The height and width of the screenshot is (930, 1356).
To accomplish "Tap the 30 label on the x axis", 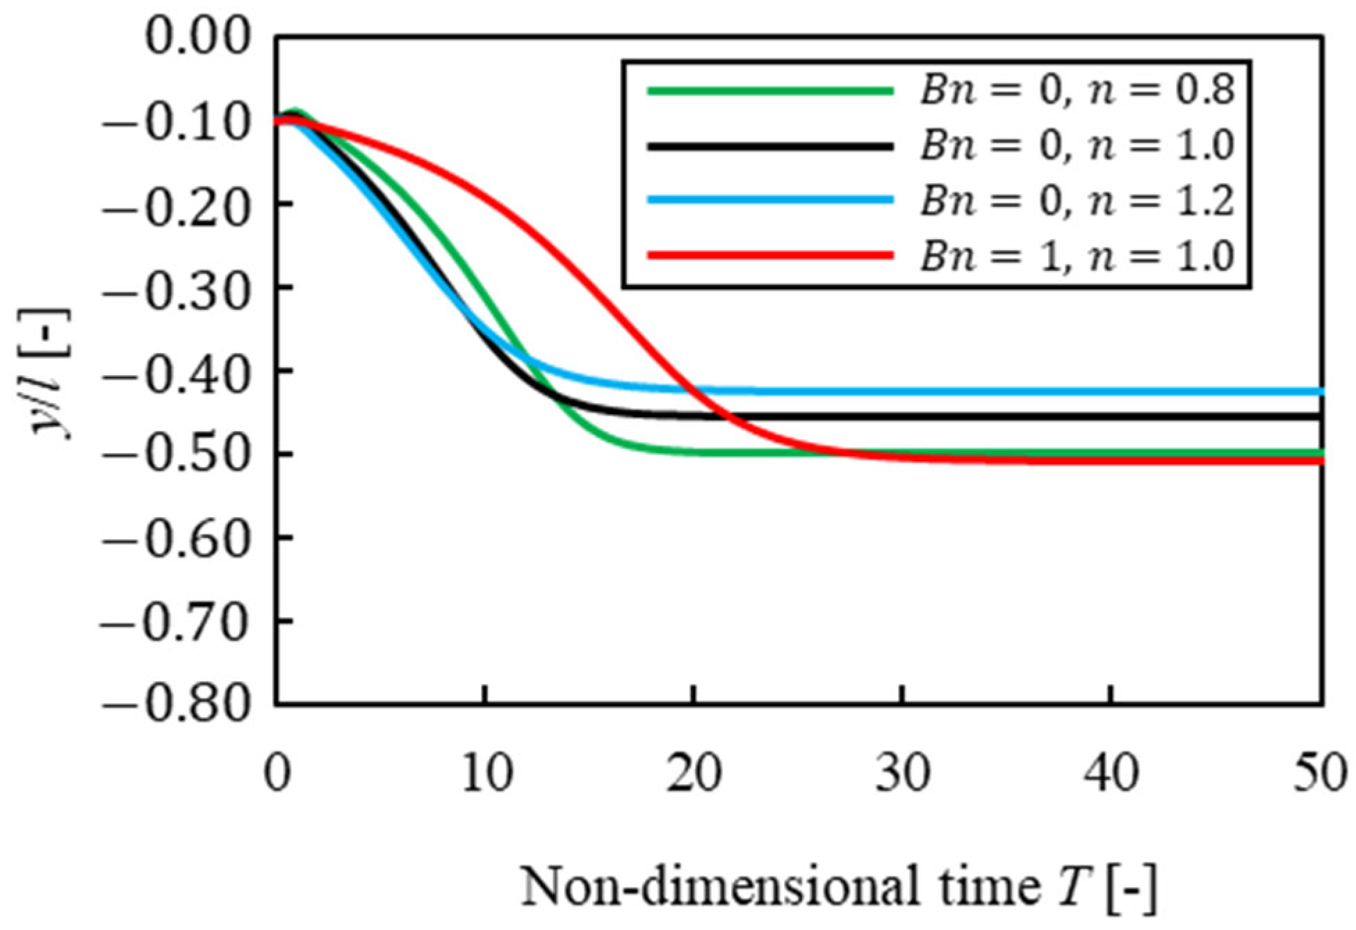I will [x=903, y=774].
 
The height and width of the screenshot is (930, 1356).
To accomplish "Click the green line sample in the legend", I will [x=769, y=90].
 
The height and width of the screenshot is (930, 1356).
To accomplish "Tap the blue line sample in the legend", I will [x=769, y=200].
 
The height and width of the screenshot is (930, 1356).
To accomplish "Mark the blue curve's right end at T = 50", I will [x=1320, y=392].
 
